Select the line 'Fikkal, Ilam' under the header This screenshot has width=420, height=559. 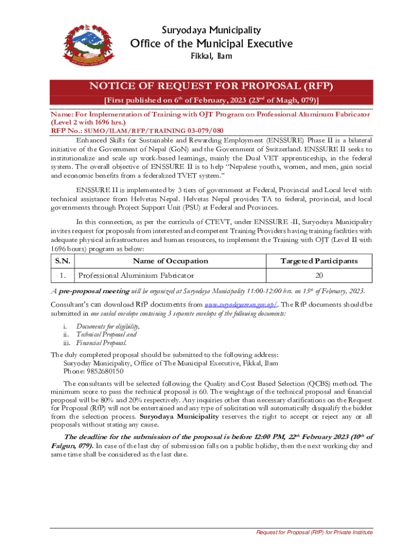[211, 56]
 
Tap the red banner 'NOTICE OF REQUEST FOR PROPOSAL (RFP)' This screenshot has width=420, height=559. [211, 87]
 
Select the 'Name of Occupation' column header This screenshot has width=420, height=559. [170, 261]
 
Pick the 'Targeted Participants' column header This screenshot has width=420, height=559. [319, 261]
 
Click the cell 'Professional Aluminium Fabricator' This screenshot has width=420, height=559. [136, 276]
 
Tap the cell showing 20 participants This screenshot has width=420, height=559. [319, 276]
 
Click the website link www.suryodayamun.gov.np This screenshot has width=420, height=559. [241, 305]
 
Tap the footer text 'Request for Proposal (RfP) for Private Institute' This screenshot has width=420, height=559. [315, 532]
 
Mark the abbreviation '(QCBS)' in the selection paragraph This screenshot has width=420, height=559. [310, 384]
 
